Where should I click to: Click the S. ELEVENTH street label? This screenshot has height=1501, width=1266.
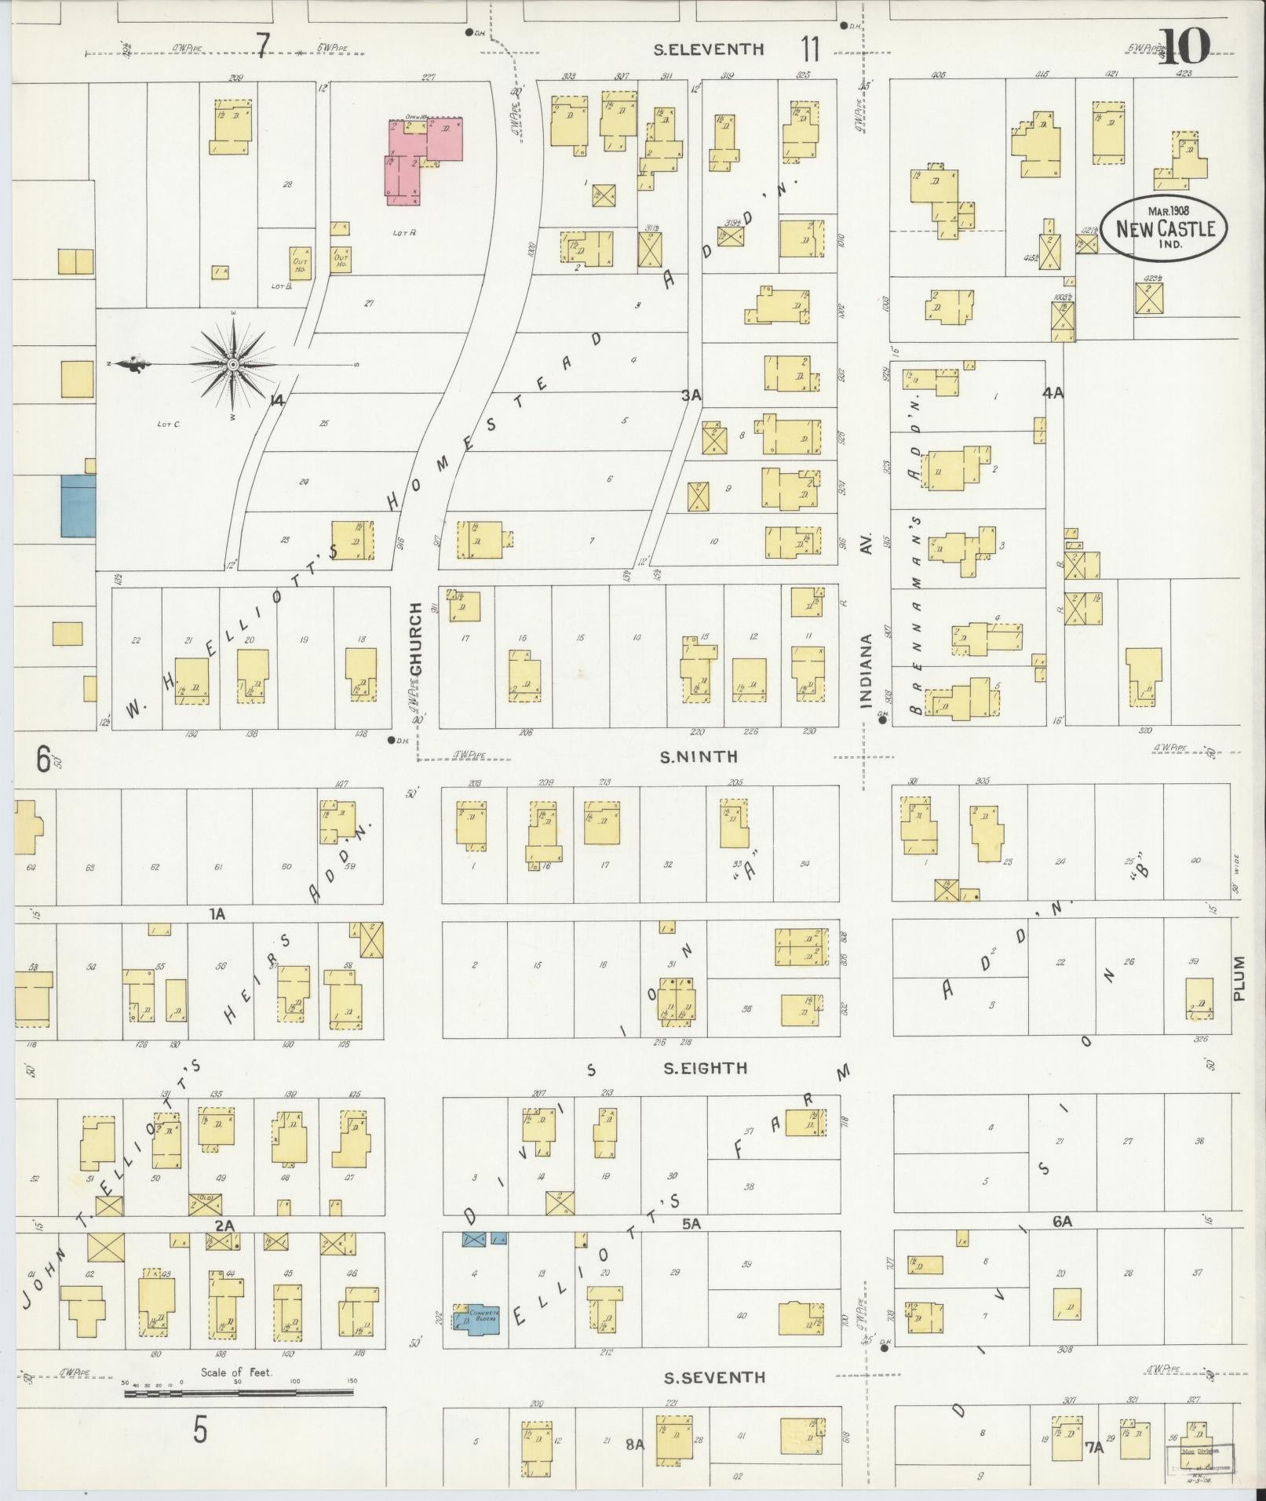(710, 49)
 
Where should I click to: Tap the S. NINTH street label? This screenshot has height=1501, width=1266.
(699, 756)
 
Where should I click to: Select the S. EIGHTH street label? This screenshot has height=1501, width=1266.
(704, 1068)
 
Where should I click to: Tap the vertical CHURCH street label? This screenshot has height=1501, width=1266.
(416, 643)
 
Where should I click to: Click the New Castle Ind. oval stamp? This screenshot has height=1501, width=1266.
(1165, 227)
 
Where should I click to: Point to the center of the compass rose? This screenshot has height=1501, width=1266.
(233, 365)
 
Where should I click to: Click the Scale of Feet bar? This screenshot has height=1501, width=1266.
(238, 1393)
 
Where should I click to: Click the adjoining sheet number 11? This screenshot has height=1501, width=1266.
(811, 49)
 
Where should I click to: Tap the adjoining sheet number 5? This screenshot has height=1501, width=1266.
(201, 1430)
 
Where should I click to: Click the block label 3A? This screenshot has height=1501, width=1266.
(691, 397)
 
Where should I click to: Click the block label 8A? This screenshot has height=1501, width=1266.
(634, 1444)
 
